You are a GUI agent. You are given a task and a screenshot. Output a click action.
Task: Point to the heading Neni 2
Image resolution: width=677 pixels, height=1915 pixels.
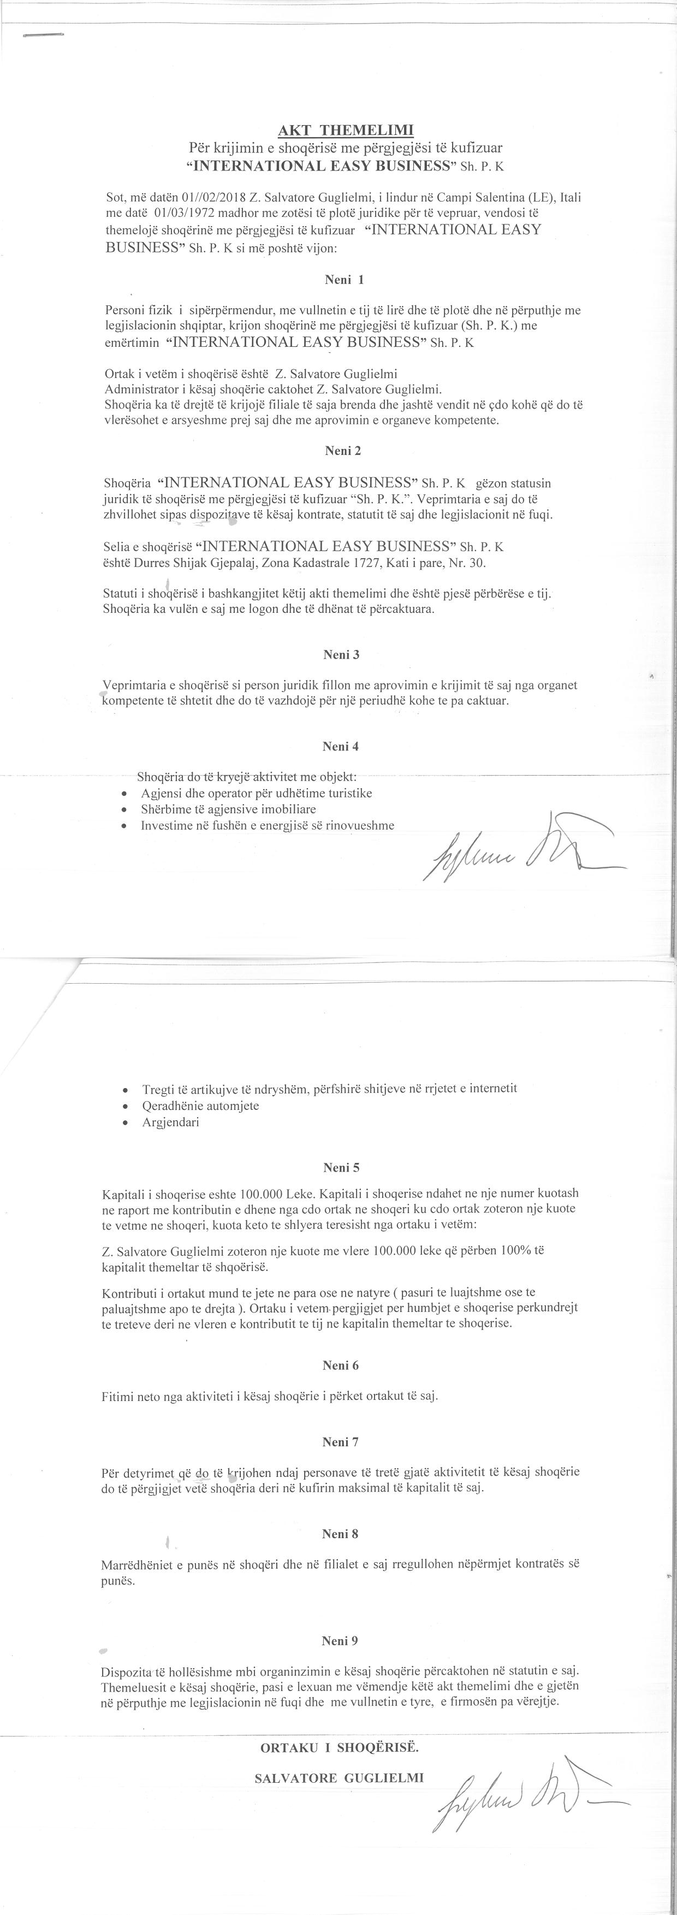(x=342, y=451)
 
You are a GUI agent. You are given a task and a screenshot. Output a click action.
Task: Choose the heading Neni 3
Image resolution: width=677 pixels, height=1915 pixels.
(x=341, y=655)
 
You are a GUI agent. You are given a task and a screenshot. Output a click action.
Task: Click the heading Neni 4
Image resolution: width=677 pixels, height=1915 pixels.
(x=341, y=746)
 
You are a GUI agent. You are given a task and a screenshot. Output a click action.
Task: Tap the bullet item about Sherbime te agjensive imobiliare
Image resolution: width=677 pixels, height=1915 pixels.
(x=228, y=809)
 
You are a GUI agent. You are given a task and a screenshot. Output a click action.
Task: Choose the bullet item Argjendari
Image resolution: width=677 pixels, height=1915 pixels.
(x=170, y=1122)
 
